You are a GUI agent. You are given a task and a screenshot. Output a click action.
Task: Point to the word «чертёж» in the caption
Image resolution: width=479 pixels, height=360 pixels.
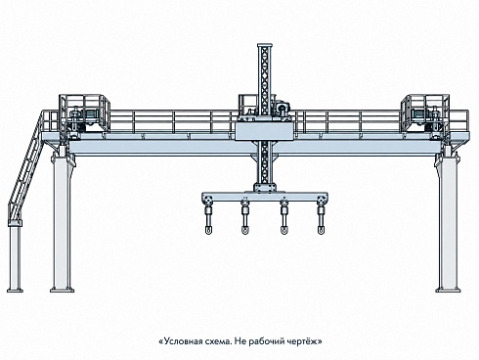coord(302,341)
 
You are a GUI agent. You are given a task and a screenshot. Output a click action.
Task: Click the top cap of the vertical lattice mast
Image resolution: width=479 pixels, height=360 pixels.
coord(265,45)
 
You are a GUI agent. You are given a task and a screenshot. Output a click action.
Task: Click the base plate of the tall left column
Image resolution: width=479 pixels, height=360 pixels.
coord(62,290)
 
